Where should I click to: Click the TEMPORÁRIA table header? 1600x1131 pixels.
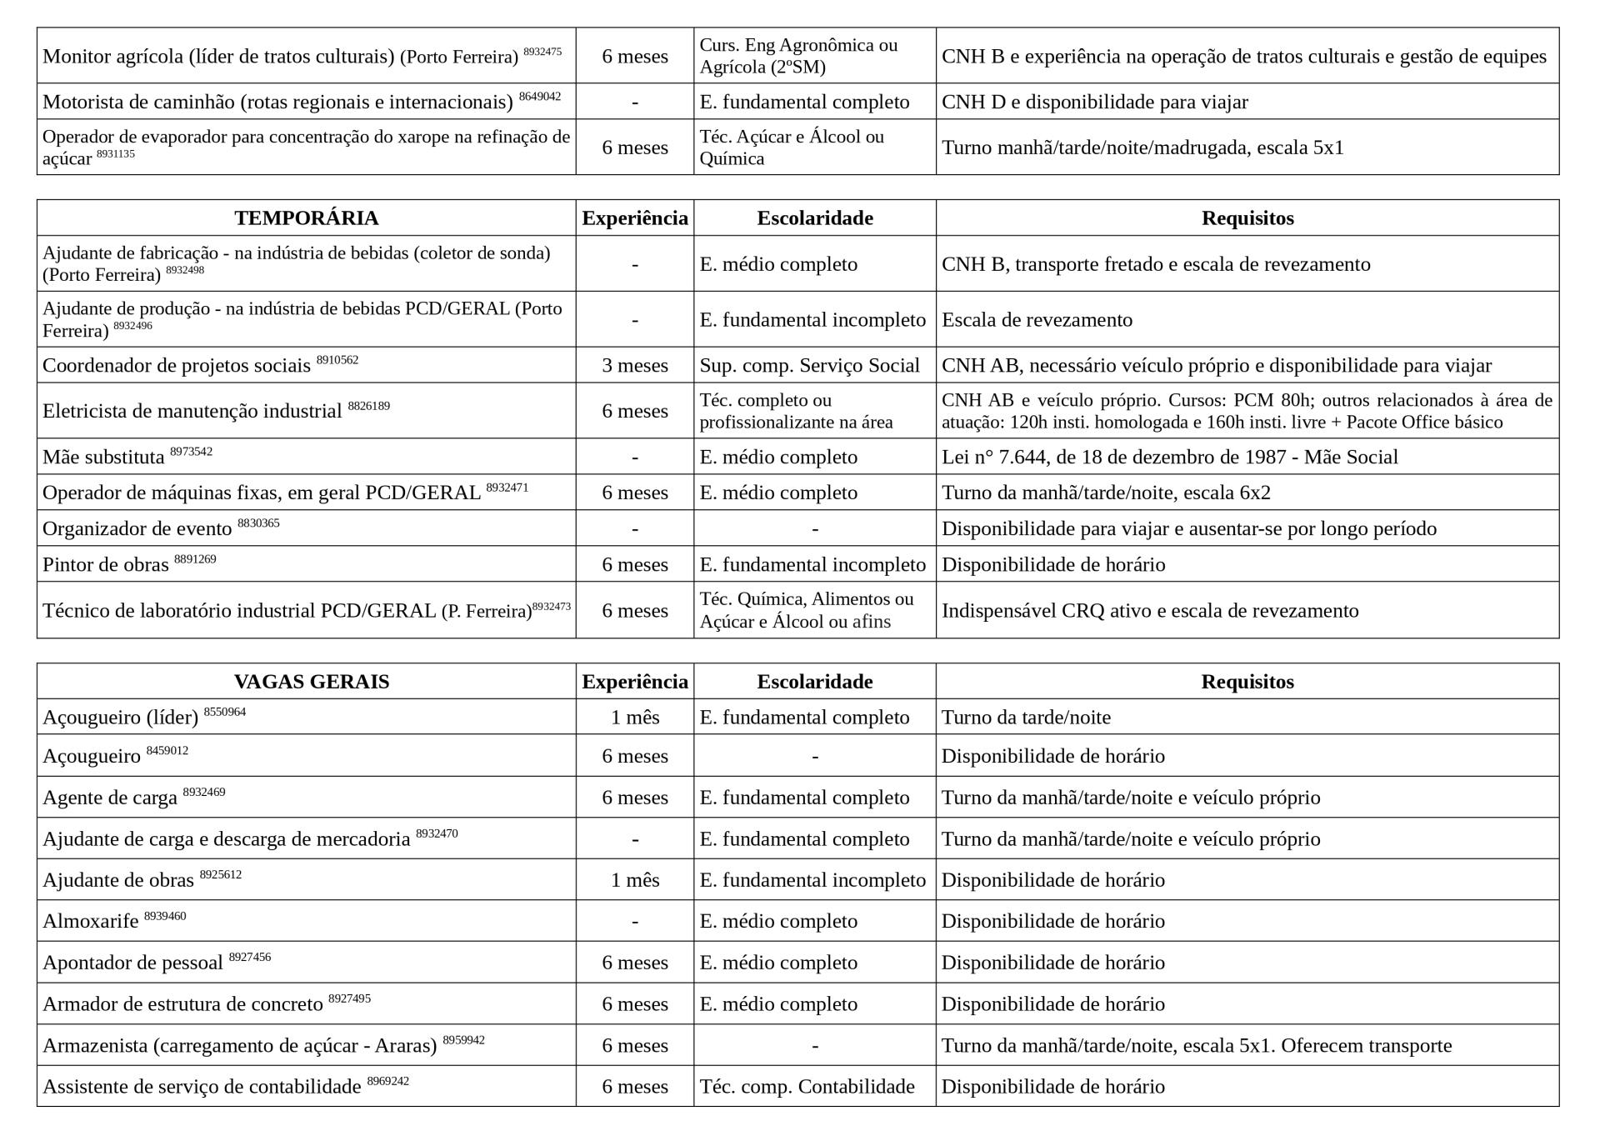click(x=306, y=218)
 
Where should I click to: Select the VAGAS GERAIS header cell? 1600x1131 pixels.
click(x=312, y=682)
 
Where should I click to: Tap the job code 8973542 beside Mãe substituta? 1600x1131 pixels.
click(x=191, y=452)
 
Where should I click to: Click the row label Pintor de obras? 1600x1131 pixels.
click(x=106, y=565)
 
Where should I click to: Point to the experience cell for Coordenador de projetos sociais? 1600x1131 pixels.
click(x=635, y=366)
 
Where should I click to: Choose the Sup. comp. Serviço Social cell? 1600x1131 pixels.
click(x=809, y=366)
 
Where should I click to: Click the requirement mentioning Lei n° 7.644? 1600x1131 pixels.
click(x=1169, y=458)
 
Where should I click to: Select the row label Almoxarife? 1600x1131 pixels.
click(x=91, y=922)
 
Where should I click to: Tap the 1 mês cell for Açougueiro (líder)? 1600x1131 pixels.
click(x=635, y=718)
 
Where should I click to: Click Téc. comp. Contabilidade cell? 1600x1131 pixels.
click(x=807, y=1087)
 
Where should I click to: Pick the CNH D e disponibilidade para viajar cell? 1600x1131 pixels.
click(x=1094, y=103)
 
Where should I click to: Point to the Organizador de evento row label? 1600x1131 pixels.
click(x=137, y=529)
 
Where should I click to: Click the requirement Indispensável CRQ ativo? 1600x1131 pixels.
click(x=1149, y=611)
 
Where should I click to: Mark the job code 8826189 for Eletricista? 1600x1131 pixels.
click(x=368, y=406)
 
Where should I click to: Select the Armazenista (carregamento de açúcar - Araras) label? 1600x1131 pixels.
click(x=240, y=1046)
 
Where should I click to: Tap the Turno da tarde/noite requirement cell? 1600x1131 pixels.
click(x=1026, y=718)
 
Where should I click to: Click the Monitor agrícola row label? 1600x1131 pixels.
click(x=280, y=57)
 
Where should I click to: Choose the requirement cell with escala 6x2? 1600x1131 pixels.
click(x=1106, y=493)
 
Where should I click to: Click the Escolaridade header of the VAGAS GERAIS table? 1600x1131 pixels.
click(x=814, y=682)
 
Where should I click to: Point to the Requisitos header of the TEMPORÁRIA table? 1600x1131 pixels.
click(x=1247, y=218)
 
